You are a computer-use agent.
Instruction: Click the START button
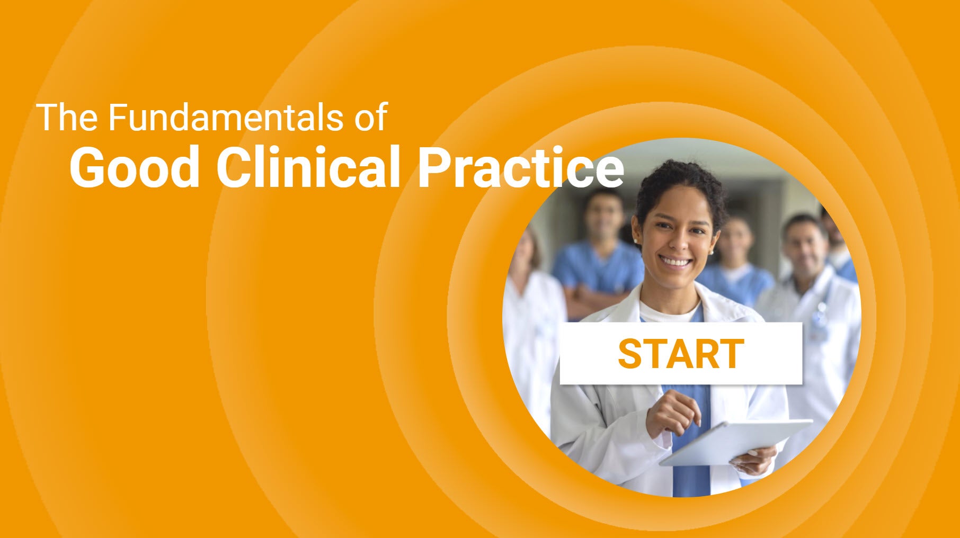681,353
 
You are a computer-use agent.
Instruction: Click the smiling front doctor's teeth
675,262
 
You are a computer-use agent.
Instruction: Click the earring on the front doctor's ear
635,241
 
